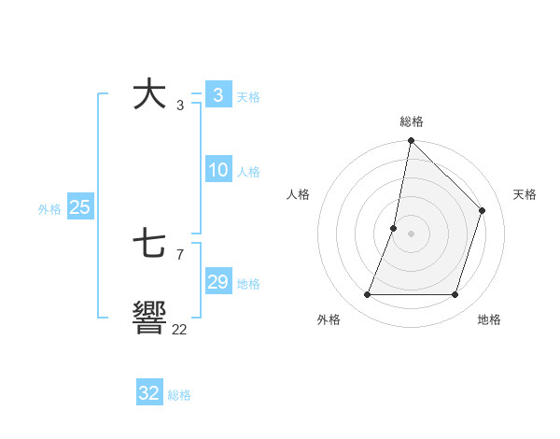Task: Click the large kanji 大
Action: [149, 95]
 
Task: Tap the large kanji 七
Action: [149, 246]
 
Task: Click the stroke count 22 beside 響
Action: [179, 329]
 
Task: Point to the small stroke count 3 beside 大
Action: [179, 106]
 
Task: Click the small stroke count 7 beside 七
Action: [179, 254]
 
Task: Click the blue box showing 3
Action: [217, 95]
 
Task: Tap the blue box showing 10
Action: [217, 170]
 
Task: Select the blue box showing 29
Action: [217, 282]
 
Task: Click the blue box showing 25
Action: [80, 207]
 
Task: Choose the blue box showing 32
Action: [149, 393]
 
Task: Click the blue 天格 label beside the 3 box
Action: [248, 96]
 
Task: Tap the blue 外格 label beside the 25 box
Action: [49, 209]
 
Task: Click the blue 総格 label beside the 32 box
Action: [179, 395]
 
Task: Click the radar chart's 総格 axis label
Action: [412, 121]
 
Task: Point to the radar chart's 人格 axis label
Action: [299, 194]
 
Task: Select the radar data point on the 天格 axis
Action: [483, 210]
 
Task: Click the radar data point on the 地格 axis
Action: [455, 295]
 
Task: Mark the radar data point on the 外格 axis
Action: [368, 295]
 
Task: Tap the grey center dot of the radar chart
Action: [411, 234]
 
